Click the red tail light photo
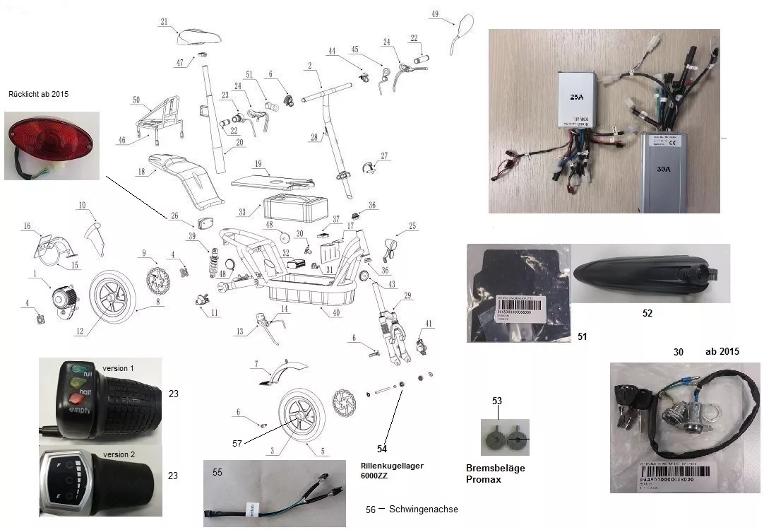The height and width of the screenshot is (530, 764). (x=49, y=142)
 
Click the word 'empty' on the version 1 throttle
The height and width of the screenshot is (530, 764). (x=79, y=409)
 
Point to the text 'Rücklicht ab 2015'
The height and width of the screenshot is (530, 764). (x=39, y=94)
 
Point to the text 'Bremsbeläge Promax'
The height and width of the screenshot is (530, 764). (x=496, y=473)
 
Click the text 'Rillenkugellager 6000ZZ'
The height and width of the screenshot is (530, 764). (x=392, y=471)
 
